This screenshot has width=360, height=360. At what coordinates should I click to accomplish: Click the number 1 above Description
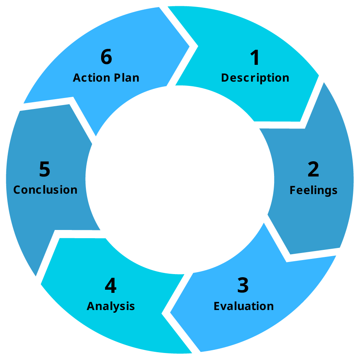click(255, 58)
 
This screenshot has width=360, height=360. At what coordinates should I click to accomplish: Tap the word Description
click(255, 78)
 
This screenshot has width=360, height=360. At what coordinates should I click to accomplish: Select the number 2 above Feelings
click(313, 169)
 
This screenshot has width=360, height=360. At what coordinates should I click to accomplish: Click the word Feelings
click(313, 190)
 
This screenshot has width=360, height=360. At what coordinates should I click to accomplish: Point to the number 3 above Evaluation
click(243, 285)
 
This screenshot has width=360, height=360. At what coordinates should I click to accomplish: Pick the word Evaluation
click(243, 306)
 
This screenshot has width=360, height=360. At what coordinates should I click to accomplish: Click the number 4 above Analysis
click(110, 285)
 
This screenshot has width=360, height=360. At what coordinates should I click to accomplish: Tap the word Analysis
click(110, 306)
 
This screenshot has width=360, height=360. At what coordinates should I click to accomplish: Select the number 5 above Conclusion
click(45, 169)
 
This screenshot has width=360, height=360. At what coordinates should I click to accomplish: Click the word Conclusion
click(45, 190)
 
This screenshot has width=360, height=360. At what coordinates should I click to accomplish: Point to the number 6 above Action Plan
click(106, 57)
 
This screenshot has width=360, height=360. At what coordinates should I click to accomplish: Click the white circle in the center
click(180, 180)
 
